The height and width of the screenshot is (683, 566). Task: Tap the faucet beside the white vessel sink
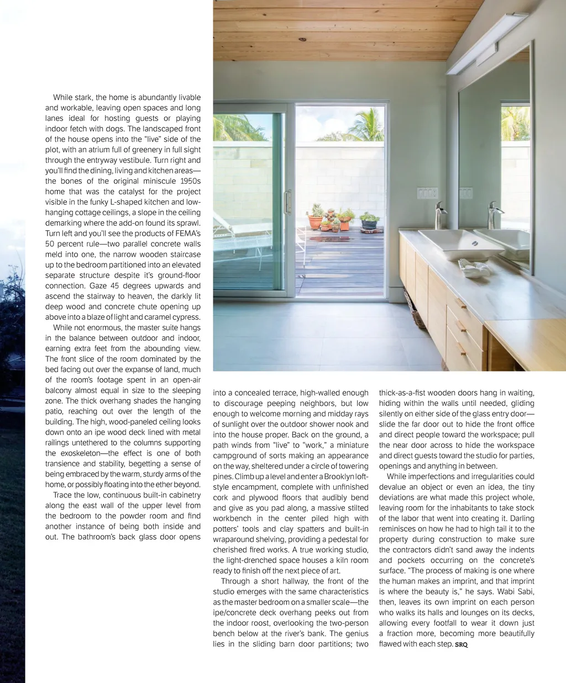coord(439,215)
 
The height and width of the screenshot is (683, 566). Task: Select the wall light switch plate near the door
coord(427,193)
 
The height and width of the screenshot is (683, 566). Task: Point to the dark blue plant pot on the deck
coord(369,223)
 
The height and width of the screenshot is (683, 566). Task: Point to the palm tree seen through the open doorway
coord(367,124)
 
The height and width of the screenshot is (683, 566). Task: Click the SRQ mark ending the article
coord(461,644)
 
